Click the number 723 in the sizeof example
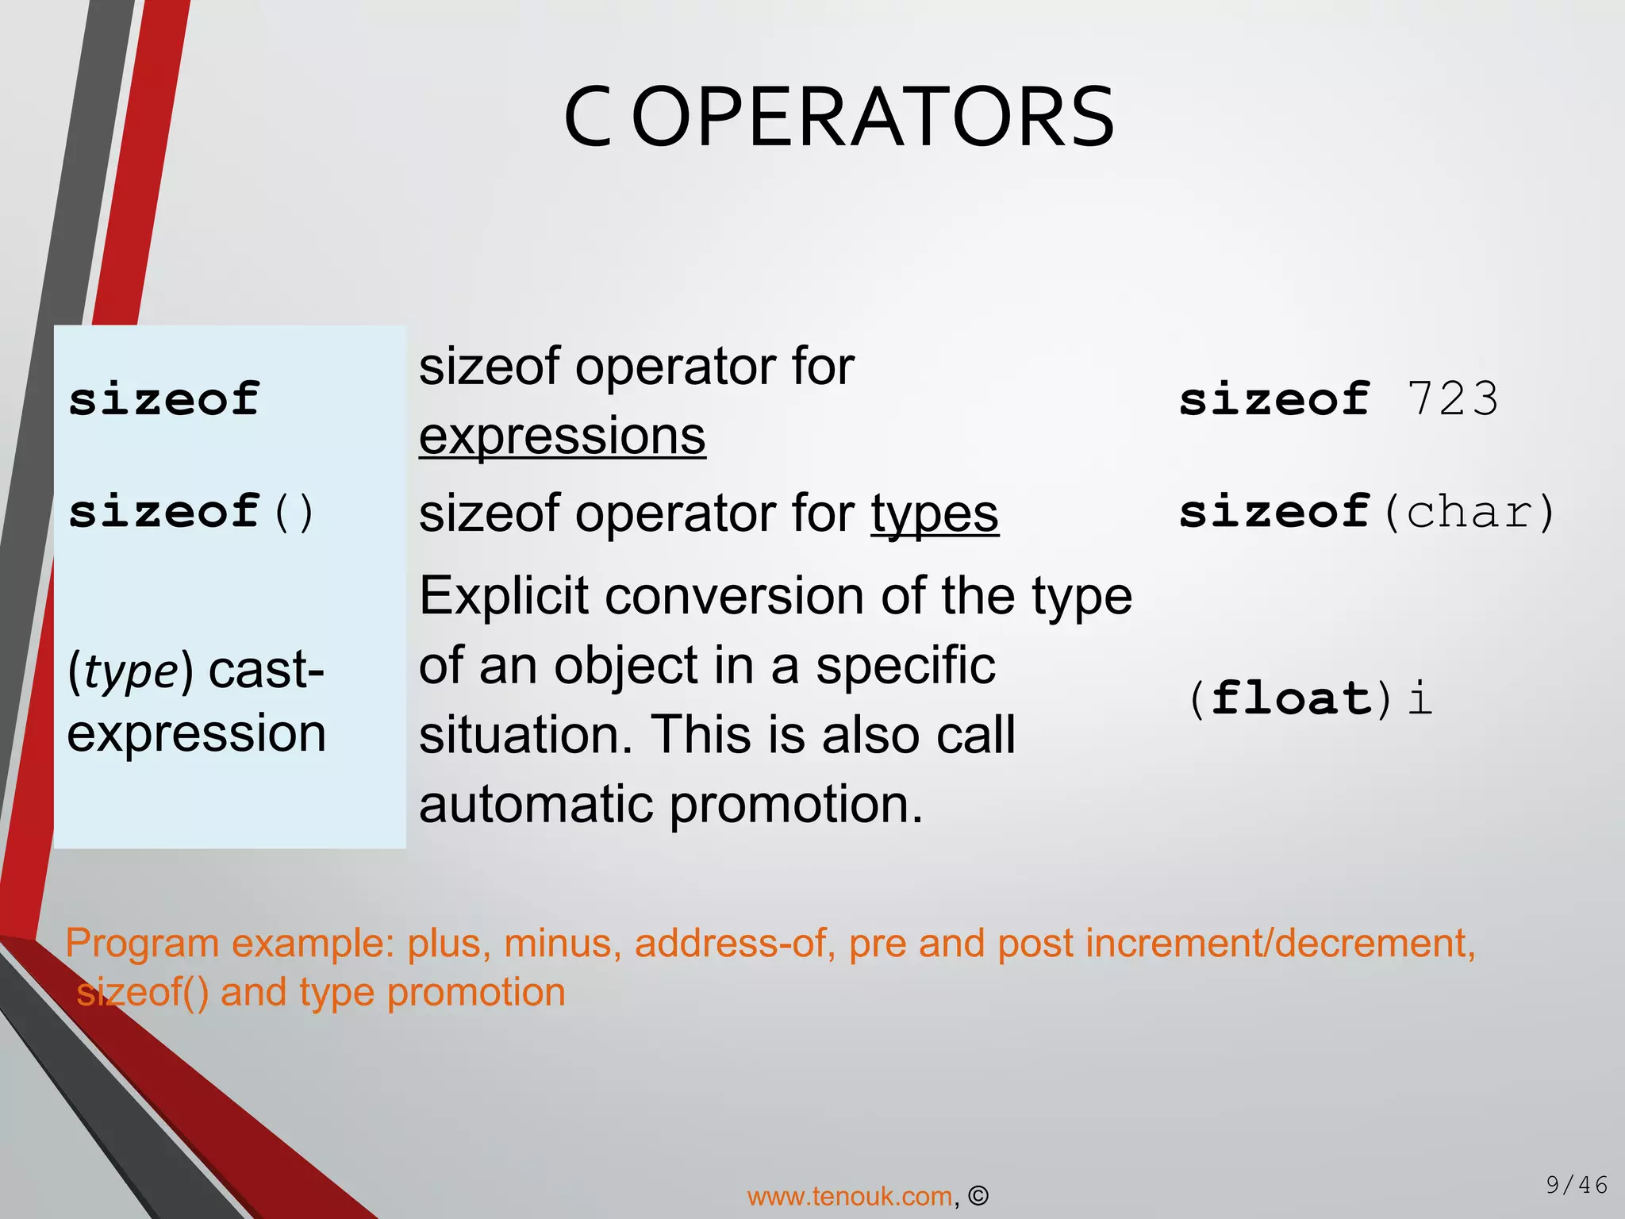[1452, 398]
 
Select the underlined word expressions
[562, 436]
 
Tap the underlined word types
[935, 513]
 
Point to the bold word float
[1291, 698]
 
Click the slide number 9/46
[1576, 1185]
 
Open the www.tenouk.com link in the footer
[849, 1196]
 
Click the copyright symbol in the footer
[978, 1196]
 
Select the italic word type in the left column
[131, 671]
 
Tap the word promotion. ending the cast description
[796, 804]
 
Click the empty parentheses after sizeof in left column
[293, 513]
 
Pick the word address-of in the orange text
[730, 944]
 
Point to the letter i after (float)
[1420, 698]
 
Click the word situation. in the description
[527, 735]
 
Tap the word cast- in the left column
[266, 671]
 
